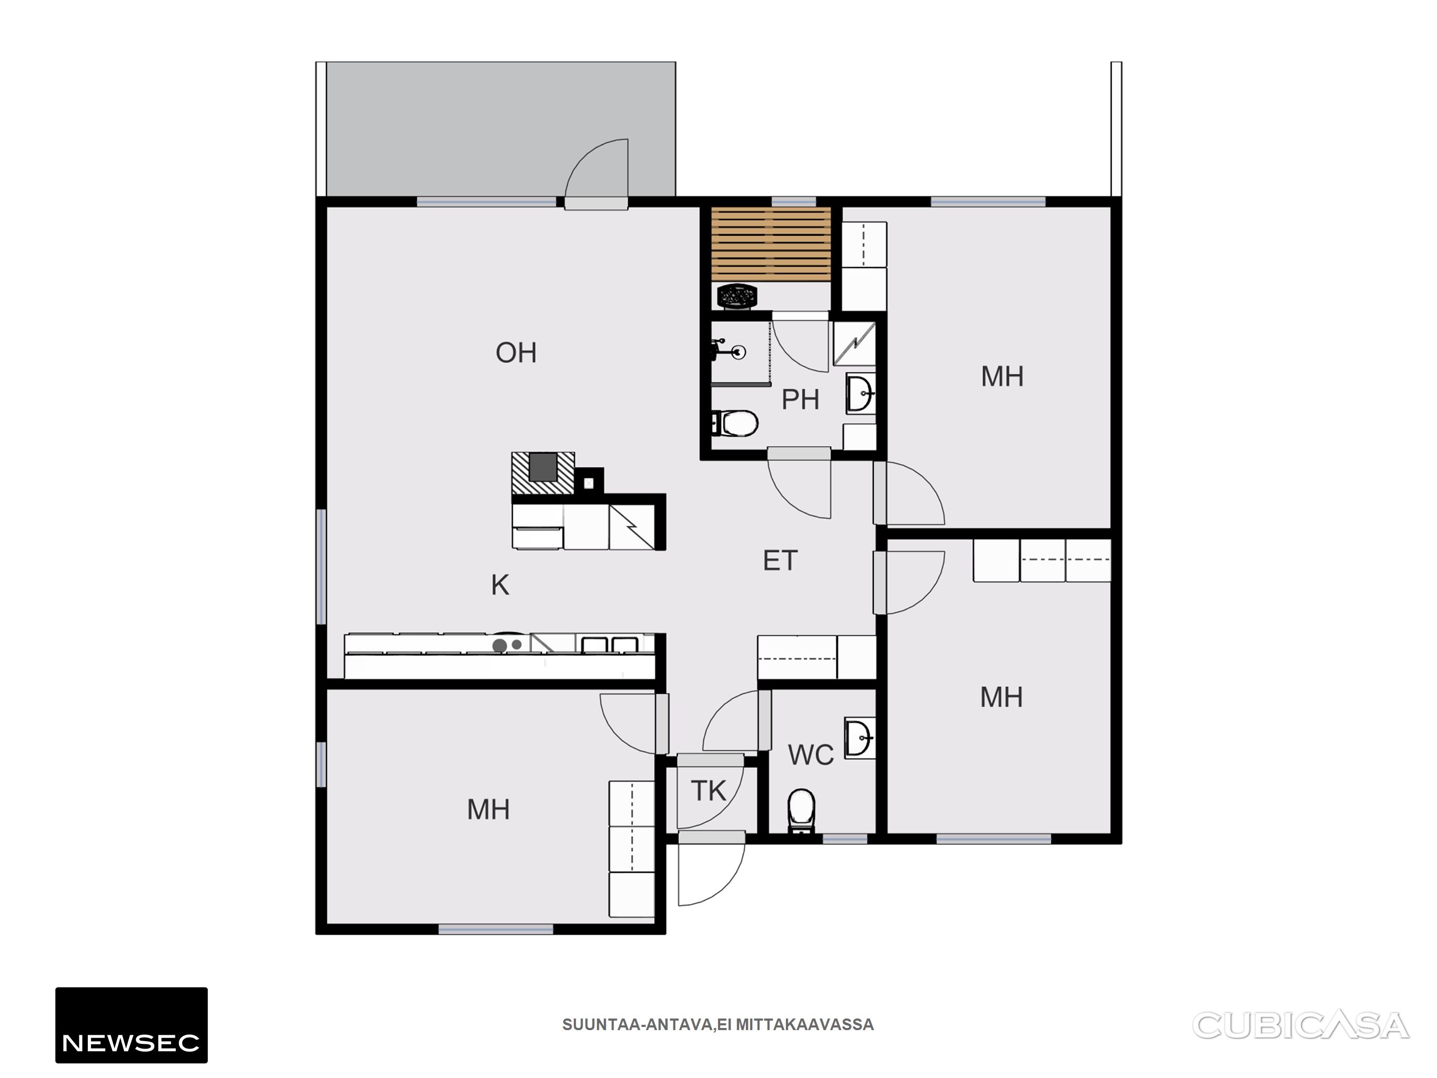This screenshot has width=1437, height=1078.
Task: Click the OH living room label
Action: coord(516,353)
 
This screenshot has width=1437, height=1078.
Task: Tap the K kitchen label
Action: coord(500,585)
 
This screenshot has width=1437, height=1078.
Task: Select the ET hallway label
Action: coord(780,561)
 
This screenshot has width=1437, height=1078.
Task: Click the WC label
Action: coord(811,755)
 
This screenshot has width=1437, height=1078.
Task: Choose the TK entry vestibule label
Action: coord(708,791)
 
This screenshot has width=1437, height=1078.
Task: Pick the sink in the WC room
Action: coord(860,737)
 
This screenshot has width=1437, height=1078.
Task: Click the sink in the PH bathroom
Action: coord(861,393)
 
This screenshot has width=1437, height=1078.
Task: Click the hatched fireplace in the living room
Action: coord(543,472)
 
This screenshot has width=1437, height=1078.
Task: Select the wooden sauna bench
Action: coord(771,244)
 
